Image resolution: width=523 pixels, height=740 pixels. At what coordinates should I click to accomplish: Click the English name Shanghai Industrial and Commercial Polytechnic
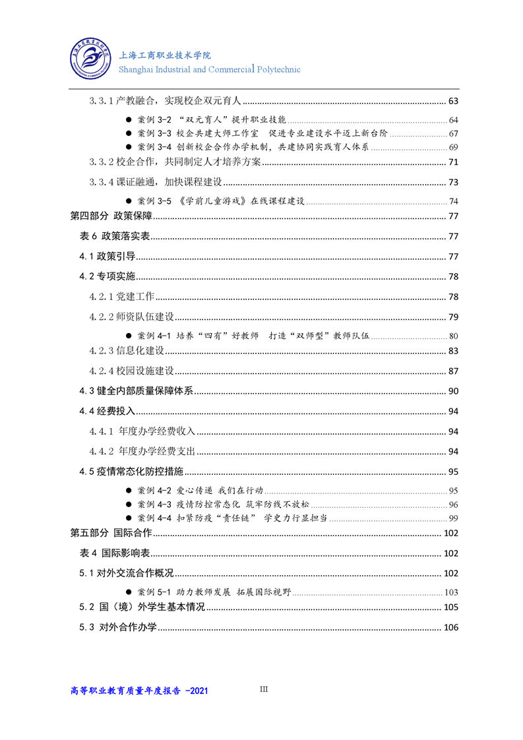click(210, 69)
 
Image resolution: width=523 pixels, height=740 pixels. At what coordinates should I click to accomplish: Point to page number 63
click(452, 101)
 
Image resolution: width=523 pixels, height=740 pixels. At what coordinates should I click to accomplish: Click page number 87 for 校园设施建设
click(452, 371)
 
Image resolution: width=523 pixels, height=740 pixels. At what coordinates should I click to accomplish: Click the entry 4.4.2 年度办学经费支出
click(142, 452)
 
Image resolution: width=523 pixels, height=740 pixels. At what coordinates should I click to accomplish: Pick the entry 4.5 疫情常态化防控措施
click(131, 472)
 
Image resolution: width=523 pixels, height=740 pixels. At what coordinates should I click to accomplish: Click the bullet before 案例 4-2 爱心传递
click(129, 491)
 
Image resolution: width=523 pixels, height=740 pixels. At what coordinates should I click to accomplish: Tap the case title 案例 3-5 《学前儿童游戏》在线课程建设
click(220, 201)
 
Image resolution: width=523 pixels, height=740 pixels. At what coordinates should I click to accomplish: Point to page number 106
click(451, 627)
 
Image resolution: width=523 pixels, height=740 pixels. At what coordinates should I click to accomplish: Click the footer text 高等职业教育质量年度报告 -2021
click(139, 691)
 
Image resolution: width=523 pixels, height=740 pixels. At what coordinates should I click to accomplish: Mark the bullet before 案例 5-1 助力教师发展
click(129, 592)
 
